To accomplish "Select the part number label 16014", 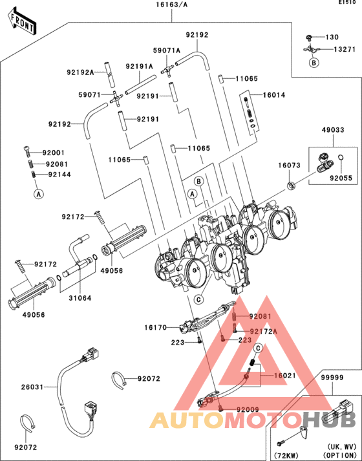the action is tap(274, 95).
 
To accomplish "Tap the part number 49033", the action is tap(333, 130).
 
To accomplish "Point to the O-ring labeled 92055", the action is tap(341, 157).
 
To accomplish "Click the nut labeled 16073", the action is tap(291, 186).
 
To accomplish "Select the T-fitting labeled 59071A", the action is tap(168, 70).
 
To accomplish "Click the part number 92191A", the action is tap(139, 67).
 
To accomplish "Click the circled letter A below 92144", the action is tap(39, 194).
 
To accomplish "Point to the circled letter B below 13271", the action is tap(314, 63).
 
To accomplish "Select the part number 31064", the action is tap(80, 298).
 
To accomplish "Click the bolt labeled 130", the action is tap(308, 38).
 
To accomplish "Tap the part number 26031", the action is tap(32, 387).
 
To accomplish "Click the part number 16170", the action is tap(155, 327).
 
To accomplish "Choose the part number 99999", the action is tap(332, 377).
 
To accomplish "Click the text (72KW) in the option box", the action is tap(286, 455).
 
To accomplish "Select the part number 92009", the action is tap(248, 409).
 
